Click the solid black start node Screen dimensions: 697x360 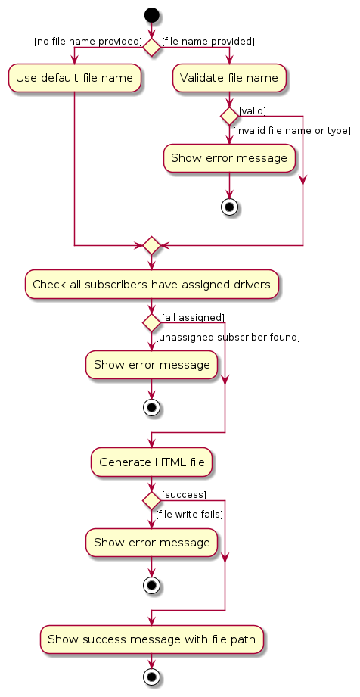point(152,15)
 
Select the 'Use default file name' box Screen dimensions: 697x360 point(74,78)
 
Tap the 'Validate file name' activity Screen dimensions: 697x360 point(229,78)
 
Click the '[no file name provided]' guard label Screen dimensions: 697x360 point(88,41)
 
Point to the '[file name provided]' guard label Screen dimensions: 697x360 point(208,41)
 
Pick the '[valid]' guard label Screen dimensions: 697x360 point(252,111)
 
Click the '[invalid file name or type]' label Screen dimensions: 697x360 point(291,131)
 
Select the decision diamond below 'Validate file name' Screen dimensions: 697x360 point(228,117)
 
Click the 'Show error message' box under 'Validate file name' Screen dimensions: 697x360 point(228,158)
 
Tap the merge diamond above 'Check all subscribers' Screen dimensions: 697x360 point(152,245)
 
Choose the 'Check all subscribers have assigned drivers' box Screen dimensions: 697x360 point(152,284)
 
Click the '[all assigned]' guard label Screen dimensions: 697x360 point(193,317)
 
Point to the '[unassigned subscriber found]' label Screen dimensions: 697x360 point(228,337)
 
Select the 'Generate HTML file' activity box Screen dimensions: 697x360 point(152,462)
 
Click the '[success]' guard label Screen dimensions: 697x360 point(184,494)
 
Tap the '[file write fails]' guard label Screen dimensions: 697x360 point(189,515)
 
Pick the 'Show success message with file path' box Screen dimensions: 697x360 point(152,639)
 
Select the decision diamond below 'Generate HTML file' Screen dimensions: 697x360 point(152,500)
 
